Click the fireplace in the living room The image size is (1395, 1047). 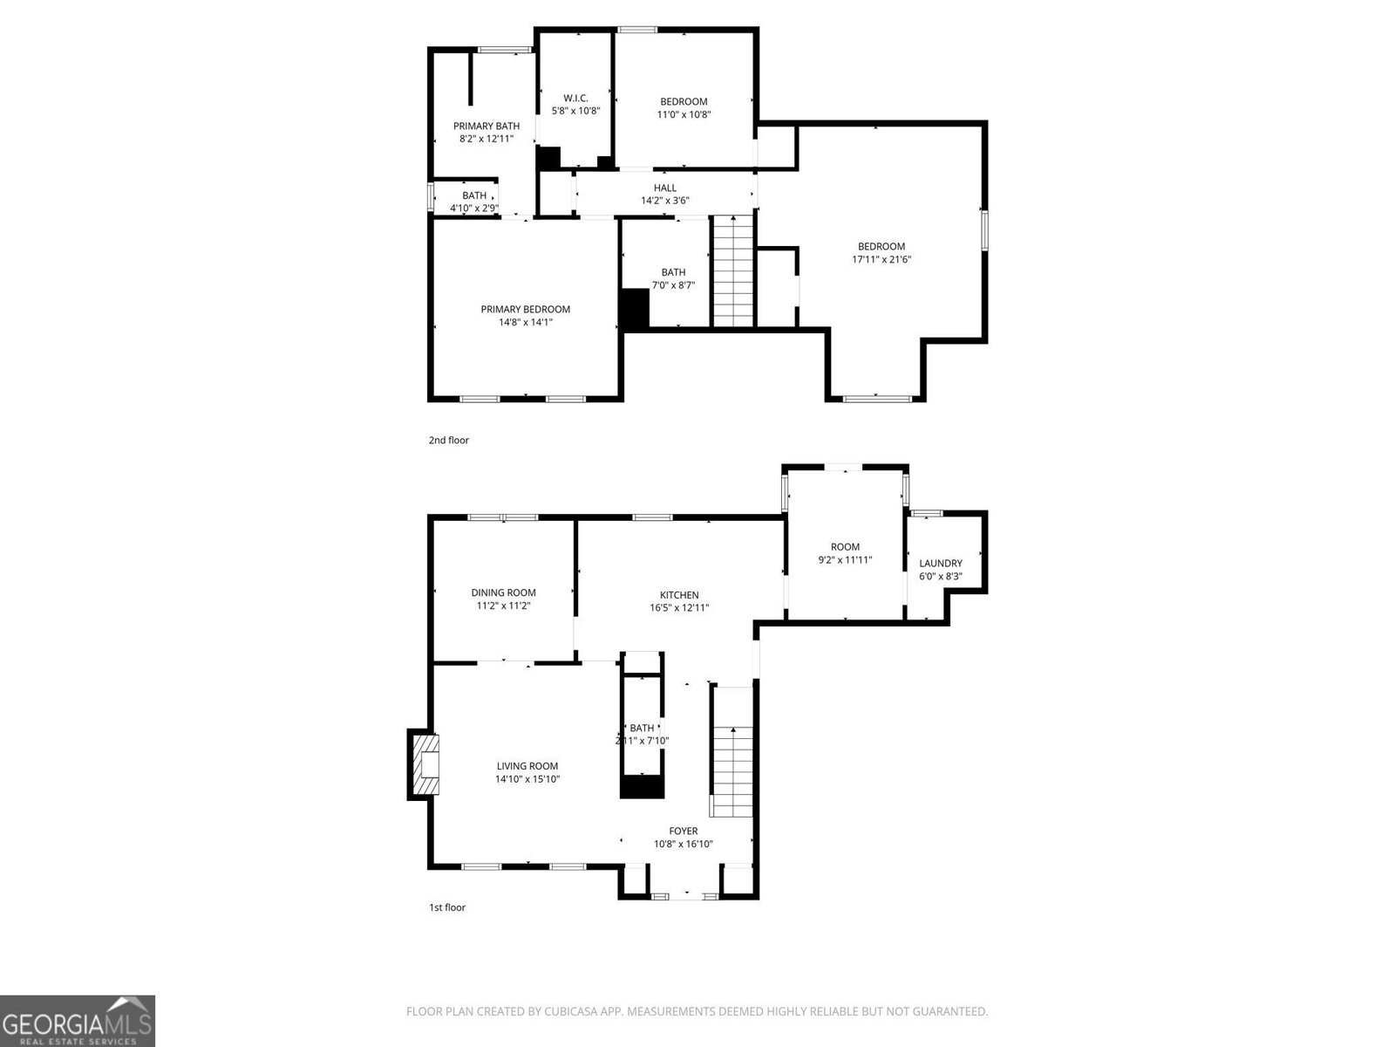[x=425, y=765]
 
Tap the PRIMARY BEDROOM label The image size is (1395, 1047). [x=525, y=309]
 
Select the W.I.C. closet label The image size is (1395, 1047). [x=575, y=98]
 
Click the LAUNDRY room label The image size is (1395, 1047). [x=940, y=564]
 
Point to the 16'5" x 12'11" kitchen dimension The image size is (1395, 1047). [x=679, y=608]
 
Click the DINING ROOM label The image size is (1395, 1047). [x=503, y=592]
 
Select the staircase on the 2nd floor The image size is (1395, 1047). [x=733, y=270]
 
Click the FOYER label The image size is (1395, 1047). [x=683, y=831]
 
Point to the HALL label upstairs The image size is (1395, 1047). [x=664, y=188]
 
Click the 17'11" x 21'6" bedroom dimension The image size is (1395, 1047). [x=881, y=259]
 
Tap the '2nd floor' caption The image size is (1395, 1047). [x=448, y=441]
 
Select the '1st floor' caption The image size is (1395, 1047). [x=446, y=907]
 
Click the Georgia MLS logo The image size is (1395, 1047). [x=77, y=1021]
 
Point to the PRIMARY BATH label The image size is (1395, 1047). [x=486, y=126]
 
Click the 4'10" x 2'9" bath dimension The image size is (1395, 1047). [x=473, y=209]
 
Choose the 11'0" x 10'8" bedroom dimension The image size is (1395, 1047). [x=684, y=114]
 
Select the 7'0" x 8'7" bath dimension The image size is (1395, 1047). [x=672, y=285]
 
